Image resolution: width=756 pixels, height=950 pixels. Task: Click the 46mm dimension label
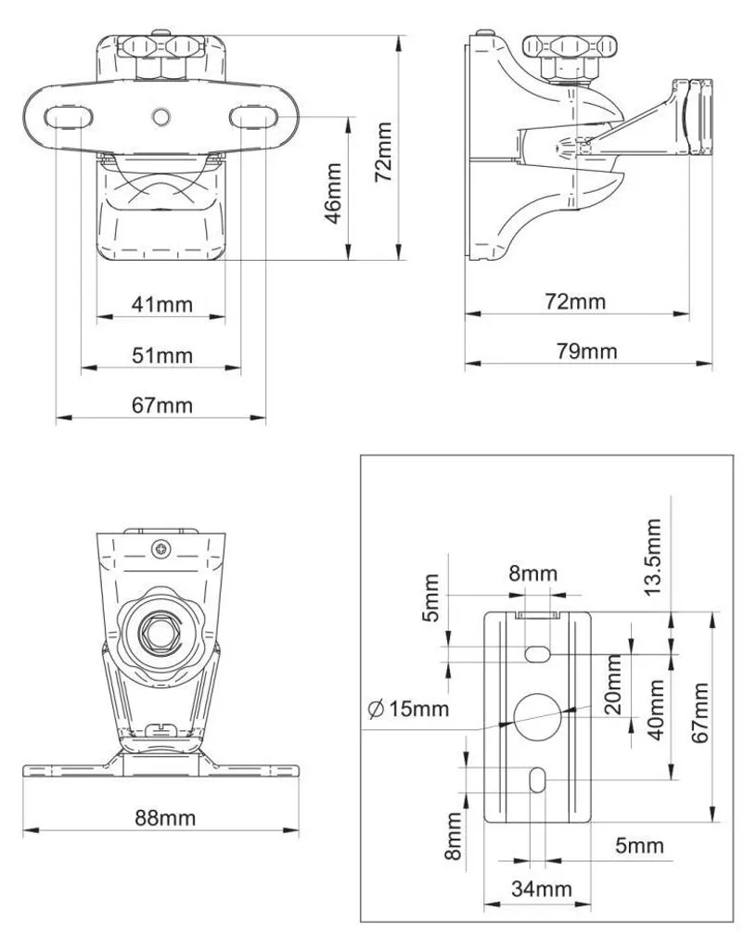(x=334, y=193)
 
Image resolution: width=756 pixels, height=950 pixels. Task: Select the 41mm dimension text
(x=161, y=303)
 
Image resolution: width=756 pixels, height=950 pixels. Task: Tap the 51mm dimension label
(x=161, y=354)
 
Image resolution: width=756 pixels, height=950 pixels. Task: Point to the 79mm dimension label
(x=587, y=352)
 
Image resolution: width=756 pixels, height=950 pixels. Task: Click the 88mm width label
(x=165, y=818)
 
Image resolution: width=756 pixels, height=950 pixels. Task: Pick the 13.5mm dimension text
(x=652, y=557)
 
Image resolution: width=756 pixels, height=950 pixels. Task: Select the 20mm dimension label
(x=613, y=684)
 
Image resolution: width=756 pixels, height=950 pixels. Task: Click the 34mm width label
(x=542, y=889)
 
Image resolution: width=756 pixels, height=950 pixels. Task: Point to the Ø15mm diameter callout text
(x=409, y=708)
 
